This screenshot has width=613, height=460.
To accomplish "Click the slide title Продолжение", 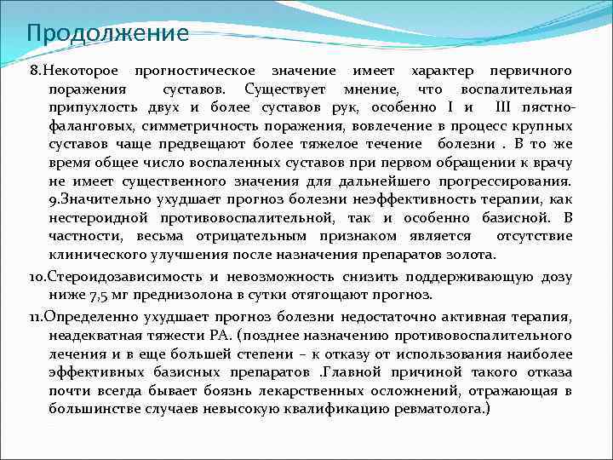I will [107, 34].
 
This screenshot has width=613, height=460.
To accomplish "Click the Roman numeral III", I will [503, 108].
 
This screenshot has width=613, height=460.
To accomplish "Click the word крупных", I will [541, 127].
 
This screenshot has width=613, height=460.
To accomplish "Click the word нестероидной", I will [96, 218].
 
